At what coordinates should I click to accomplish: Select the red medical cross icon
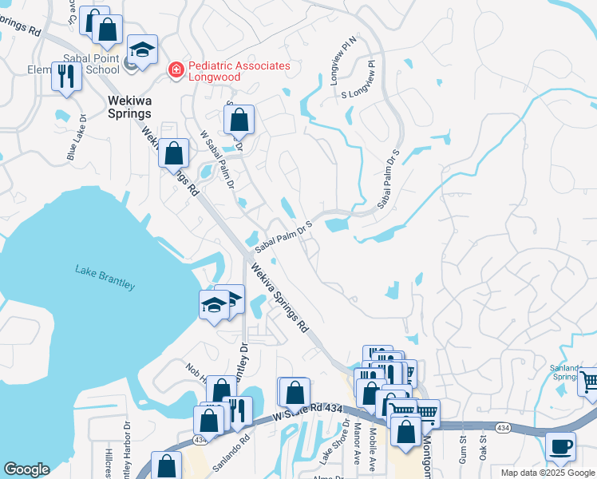pyautogui.click(x=174, y=71)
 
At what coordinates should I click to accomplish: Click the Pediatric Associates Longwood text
pyautogui.click(x=238, y=71)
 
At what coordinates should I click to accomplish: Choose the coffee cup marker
pyautogui.click(x=560, y=445)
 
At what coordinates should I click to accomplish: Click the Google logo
pyautogui.click(x=26, y=469)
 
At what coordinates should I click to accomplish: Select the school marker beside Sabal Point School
pyautogui.click(x=142, y=52)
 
